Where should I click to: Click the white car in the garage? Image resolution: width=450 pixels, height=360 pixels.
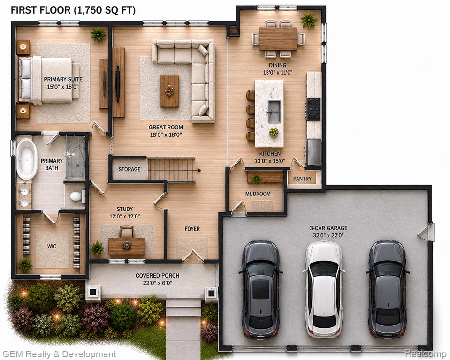pyautogui.click(x=323, y=289)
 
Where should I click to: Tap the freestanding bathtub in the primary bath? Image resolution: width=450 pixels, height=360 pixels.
pyautogui.click(x=27, y=159)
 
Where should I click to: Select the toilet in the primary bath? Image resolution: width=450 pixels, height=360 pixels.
pyautogui.click(x=77, y=196)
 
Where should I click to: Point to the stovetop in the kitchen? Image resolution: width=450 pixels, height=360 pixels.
pyautogui.click(x=313, y=109)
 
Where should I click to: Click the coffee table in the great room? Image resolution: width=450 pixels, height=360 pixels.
pyautogui.click(x=169, y=91)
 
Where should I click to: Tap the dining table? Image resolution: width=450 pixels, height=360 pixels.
pyautogui.click(x=278, y=38)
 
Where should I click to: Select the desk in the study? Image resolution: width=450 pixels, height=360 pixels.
pyautogui.click(x=127, y=246)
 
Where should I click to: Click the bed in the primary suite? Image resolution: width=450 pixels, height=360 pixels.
pyautogui.click(x=48, y=80)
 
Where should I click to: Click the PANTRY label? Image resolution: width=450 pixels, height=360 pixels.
pyautogui.click(x=302, y=179)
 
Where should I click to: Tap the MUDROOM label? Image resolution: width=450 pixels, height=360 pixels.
pyautogui.click(x=258, y=194)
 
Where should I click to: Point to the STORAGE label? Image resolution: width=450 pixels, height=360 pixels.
pyautogui.click(x=130, y=169)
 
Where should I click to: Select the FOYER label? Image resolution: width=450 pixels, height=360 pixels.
pyautogui.click(x=192, y=229)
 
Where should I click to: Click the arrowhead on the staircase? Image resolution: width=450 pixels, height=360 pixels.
pyautogui.click(x=199, y=170)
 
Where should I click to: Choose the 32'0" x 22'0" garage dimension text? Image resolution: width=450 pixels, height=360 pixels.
pyautogui.click(x=328, y=236)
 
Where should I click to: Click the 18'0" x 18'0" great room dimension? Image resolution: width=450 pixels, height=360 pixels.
pyautogui.click(x=166, y=135)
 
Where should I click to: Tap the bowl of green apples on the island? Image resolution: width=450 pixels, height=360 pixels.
pyautogui.click(x=274, y=132)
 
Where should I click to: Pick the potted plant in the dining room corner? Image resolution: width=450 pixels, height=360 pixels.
pyautogui.click(x=309, y=20)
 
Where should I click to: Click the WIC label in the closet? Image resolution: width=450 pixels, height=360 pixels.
pyautogui.click(x=52, y=246)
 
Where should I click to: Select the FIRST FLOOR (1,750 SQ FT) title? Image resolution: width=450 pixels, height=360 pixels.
pyautogui.click(x=73, y=10)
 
